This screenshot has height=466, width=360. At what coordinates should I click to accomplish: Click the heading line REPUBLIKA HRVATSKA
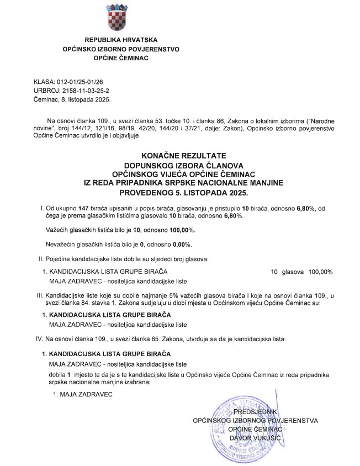point(121,40)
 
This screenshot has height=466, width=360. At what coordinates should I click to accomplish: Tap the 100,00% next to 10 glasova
point(321,272)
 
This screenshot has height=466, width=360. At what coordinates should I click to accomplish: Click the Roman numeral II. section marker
point(40,258)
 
